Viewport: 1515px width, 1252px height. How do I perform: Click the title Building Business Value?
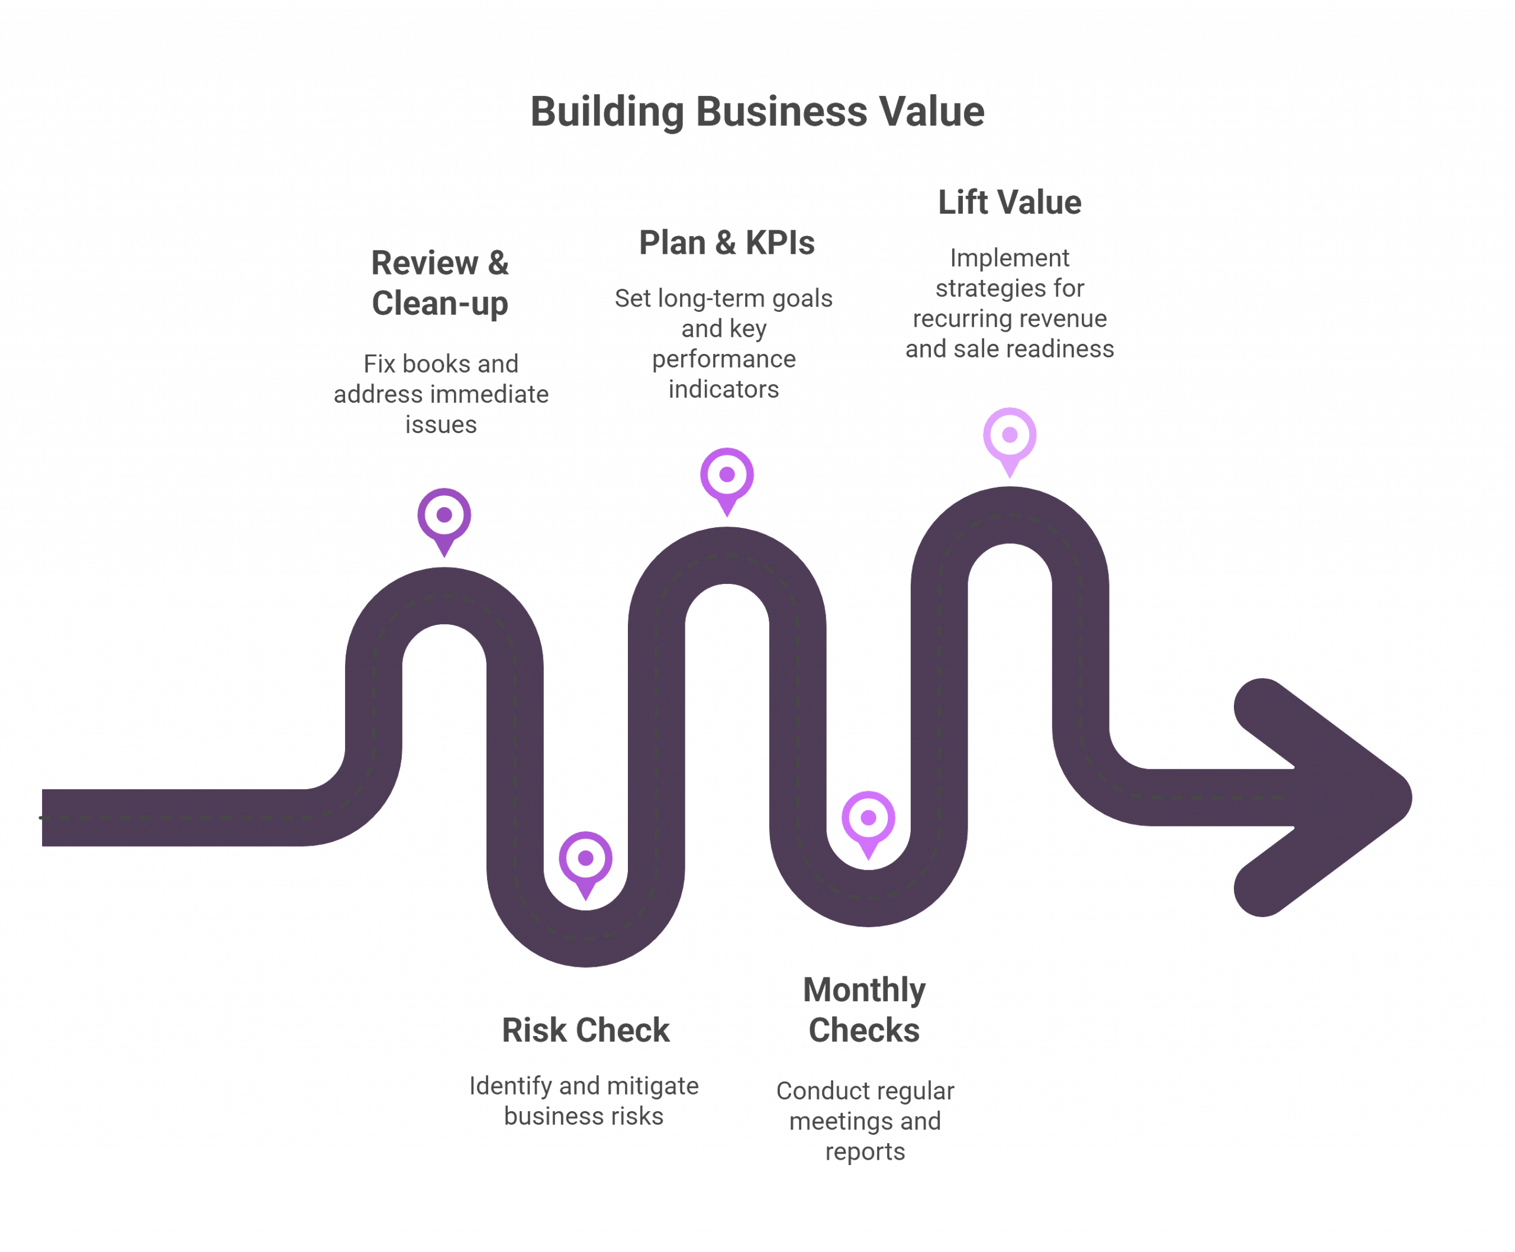[x=757, y=112]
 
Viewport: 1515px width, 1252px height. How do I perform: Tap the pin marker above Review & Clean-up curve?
[x=444, y=516]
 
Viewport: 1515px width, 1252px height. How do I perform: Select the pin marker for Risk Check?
[x=585, y=859]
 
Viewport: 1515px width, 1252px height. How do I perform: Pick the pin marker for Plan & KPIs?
[x=727, y=475]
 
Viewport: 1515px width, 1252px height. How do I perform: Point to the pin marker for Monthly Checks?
[x=868, y=818]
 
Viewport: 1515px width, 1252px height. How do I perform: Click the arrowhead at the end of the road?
[x=1327, y=797]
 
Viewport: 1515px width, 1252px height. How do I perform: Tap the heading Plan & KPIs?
[x=727, y=243]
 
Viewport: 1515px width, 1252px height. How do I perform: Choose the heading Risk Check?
[x=585, y=1031]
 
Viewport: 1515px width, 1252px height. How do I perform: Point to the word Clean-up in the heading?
[x=440, y=303]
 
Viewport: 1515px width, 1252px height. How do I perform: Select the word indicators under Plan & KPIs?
[x=724, y=389]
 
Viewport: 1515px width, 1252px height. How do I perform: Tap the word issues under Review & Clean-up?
[x=441, y=425]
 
